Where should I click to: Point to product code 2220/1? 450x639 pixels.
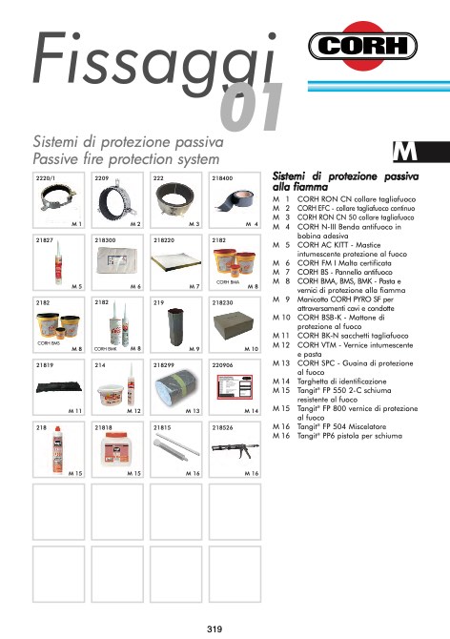pos(45,178)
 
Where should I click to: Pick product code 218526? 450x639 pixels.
pos(223,427)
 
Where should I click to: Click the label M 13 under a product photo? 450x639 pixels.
pos(193,410)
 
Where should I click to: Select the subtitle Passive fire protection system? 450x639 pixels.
pos(127,157)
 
